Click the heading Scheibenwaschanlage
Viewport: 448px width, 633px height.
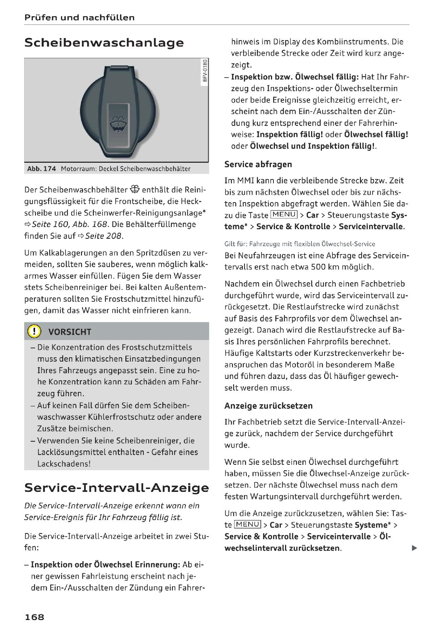[104, 43]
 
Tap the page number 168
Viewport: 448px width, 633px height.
[34, 617]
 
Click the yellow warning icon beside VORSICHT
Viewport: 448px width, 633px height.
[34, 331]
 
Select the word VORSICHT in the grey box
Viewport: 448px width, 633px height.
[70, 332]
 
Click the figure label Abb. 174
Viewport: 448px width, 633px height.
[42, 169]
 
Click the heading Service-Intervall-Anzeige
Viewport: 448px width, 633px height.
[116, 488]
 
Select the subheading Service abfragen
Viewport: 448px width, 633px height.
[258, 164]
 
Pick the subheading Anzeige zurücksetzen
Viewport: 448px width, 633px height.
[268, 406]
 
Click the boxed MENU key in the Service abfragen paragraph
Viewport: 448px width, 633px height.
[284, 215]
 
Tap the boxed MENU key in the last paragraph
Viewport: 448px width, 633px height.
[247, 524]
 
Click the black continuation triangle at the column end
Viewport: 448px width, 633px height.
[414, 548]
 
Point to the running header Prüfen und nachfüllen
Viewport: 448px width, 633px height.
[79, 17]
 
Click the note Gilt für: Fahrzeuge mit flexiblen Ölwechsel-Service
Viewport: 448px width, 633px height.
[300, 244]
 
